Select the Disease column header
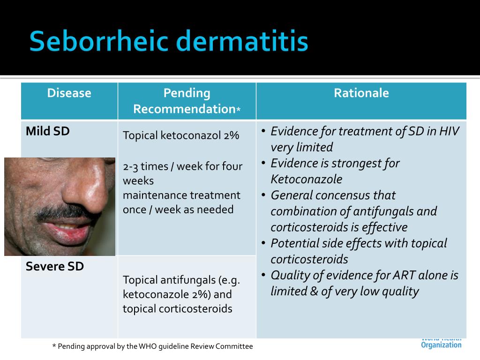click(x=69, y=93)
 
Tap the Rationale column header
click(x=361, y=93)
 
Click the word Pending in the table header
click(x=187, y=93)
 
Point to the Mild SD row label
click(x=47, y=131)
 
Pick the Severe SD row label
click(x=54, y=266)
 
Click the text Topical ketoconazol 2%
click(x=181, y=135)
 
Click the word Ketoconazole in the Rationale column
click(x=306, y=179)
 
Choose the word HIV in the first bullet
click(x=449, y=131)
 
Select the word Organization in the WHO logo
click(x=441, y=345)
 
